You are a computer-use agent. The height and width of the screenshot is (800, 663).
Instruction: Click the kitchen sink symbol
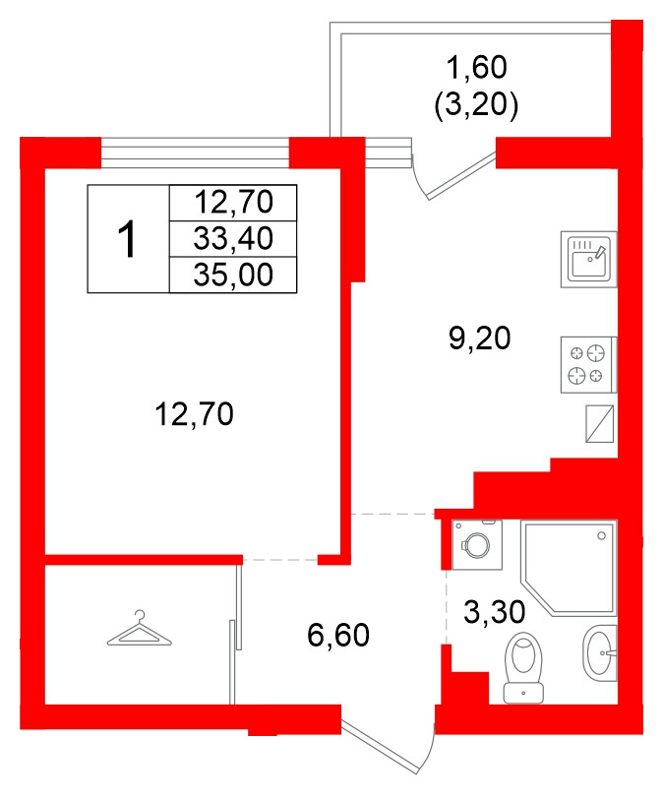point(588,260)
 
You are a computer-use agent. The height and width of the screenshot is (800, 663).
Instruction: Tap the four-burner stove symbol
point(588,364)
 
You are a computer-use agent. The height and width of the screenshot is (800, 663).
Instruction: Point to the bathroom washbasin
point(599,651)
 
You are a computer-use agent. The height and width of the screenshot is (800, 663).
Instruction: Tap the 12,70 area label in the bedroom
point(194,415)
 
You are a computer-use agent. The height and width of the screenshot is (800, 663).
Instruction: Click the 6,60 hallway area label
point(337,637)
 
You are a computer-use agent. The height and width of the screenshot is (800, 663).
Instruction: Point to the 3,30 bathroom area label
point(494,613)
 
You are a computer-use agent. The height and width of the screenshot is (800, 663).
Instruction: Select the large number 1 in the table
point(127,239)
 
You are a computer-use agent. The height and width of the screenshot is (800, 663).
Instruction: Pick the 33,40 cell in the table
point(232,238)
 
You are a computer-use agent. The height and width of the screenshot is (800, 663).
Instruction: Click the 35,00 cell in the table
point(232,275)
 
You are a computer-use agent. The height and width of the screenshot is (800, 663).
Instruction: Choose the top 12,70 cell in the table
point(232,203)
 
